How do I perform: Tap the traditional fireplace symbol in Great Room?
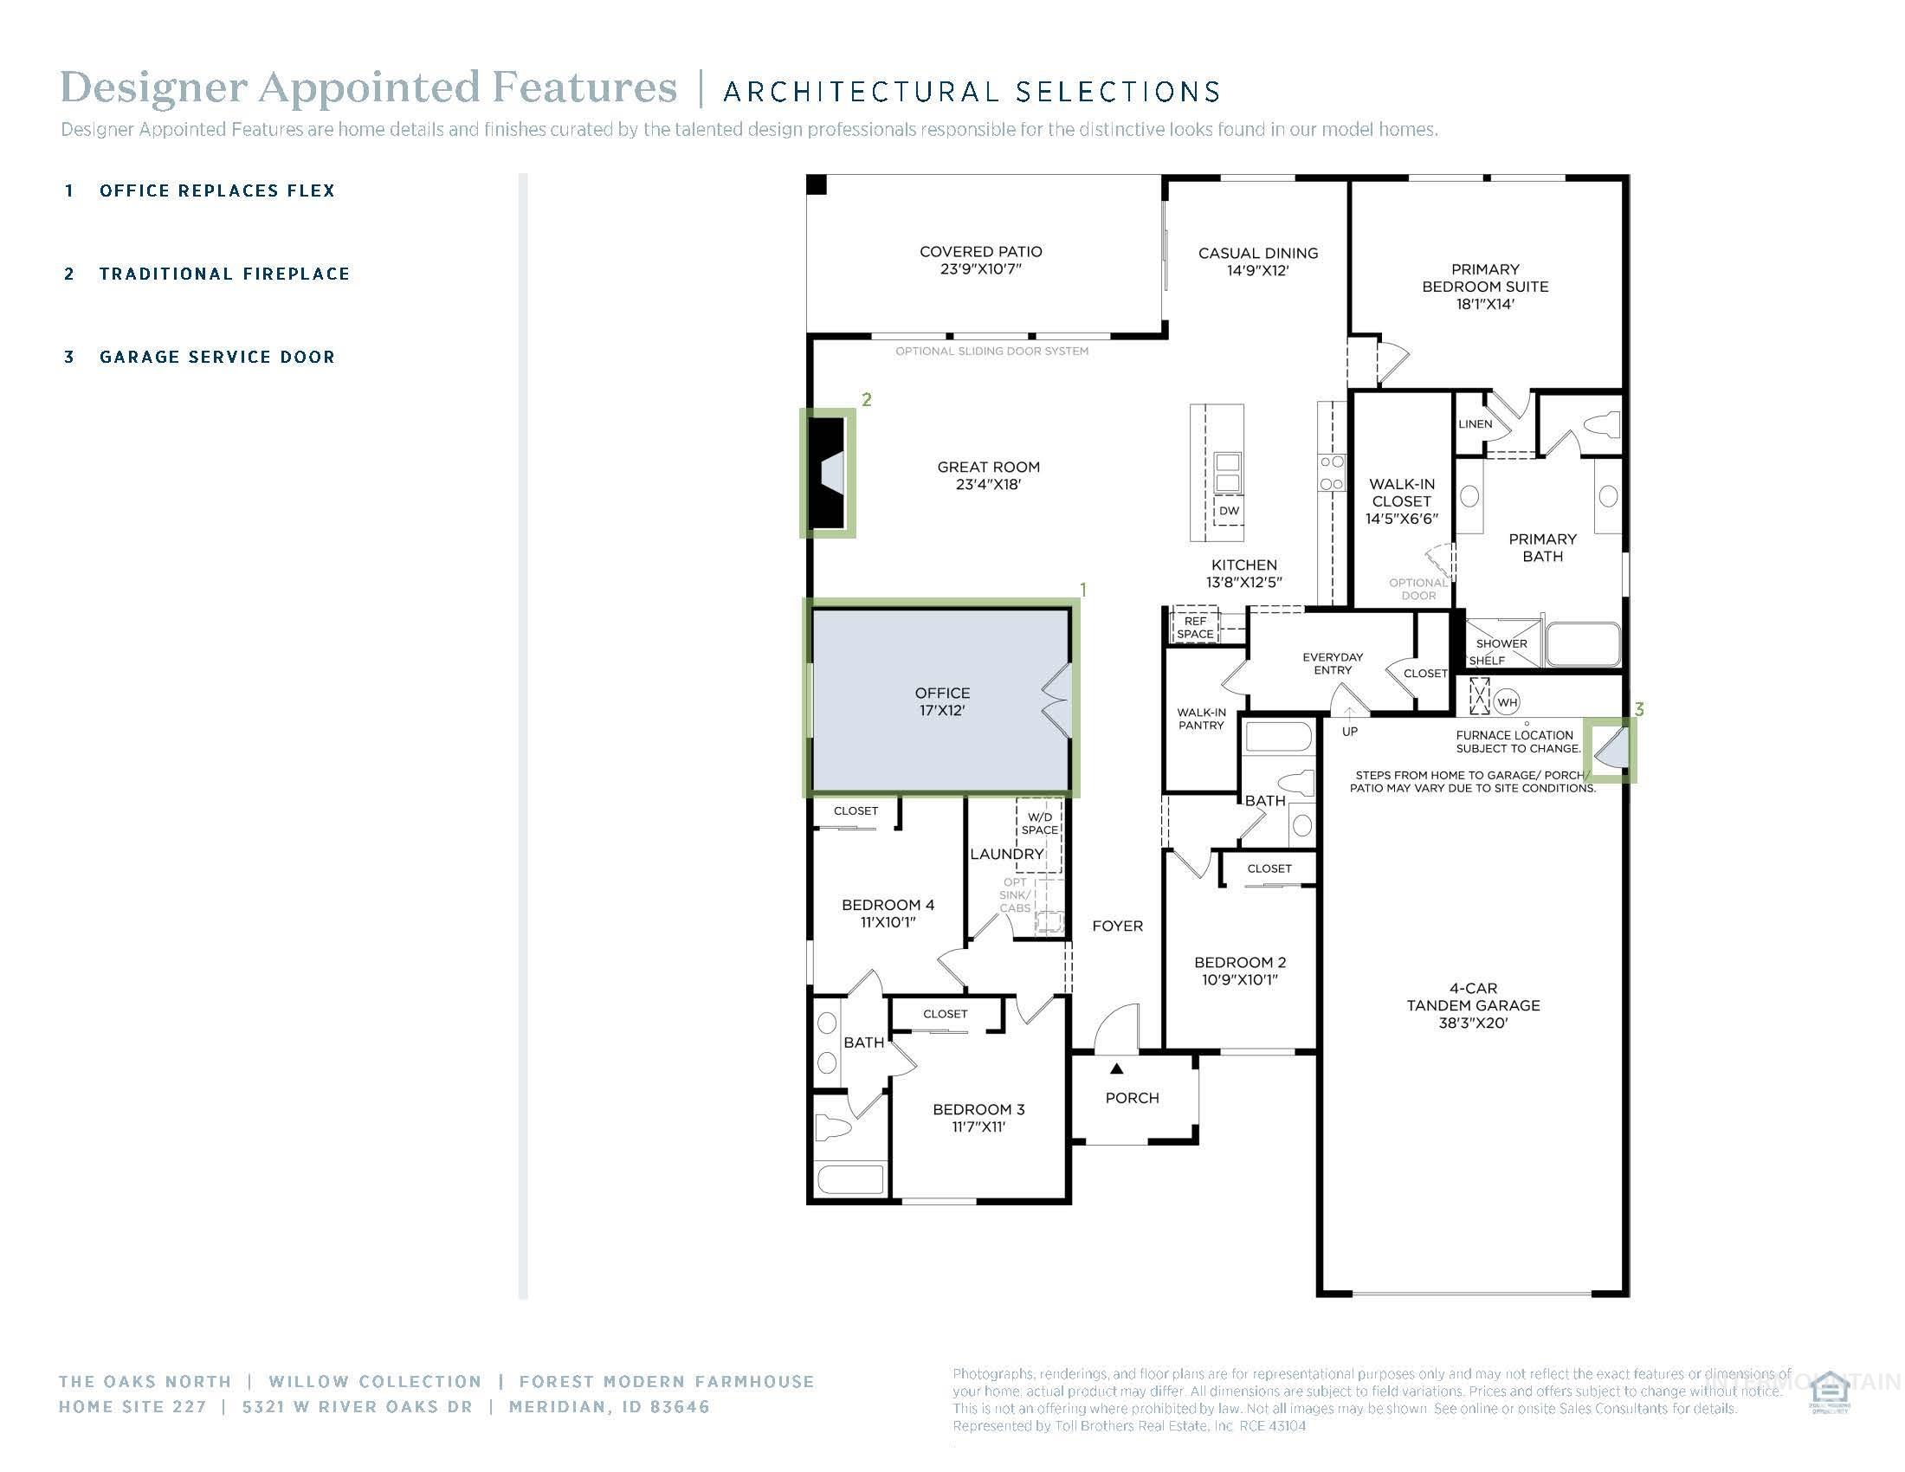click(x=829, y=474)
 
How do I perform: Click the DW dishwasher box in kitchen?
click(x=1228, y=511)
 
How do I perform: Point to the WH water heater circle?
click(x=1508, y=702)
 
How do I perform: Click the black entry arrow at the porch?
click(x=1116, y=1068)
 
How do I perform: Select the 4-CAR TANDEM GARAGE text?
click(x=1473, y=1004)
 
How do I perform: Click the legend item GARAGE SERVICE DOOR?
click(x=216, y=357)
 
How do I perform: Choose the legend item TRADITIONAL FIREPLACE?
click(x=224, y=274)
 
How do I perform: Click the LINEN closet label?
click(x=1475, y=423)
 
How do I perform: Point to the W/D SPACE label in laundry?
click(x=1040, y=823)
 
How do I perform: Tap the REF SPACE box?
click(x=1195, y=628)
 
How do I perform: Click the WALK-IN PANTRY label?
click(x=1201, y=719)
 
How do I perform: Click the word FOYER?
click(x=1117, y=926)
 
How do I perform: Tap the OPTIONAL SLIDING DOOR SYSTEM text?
click(x=991, y=352)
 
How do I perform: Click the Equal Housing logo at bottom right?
click(x=1830, y=1392)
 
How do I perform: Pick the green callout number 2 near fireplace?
click(x=866, y=399)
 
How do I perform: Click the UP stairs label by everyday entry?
click(x=1349, y=731)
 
